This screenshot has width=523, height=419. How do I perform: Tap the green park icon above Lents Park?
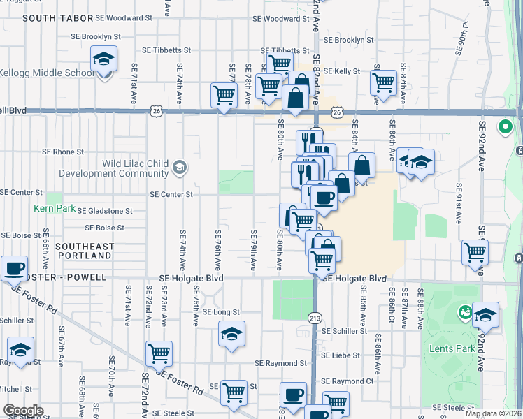point(463,311)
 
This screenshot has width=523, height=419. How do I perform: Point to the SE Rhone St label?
point(63,151)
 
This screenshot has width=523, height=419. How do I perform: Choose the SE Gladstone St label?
point(105,210)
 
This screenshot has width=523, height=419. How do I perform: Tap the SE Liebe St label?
point(341,355)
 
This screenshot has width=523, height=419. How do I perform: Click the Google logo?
point(23,411)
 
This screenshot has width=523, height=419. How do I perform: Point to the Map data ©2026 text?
point(493,413)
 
